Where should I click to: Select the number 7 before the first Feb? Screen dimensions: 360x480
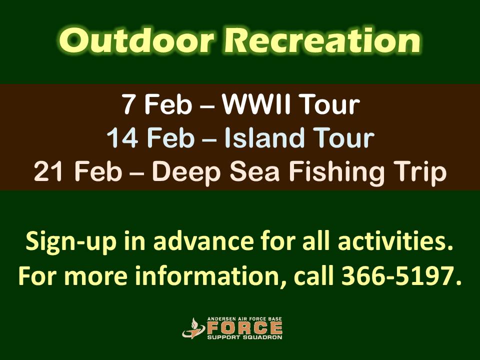point(128,105)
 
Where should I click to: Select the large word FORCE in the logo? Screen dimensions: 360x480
point(244,328)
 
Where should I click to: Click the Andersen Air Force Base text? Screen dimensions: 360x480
point(244,318)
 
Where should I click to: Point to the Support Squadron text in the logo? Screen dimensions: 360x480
point(244,337)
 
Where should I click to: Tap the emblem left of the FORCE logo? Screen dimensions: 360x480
point(192,328)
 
